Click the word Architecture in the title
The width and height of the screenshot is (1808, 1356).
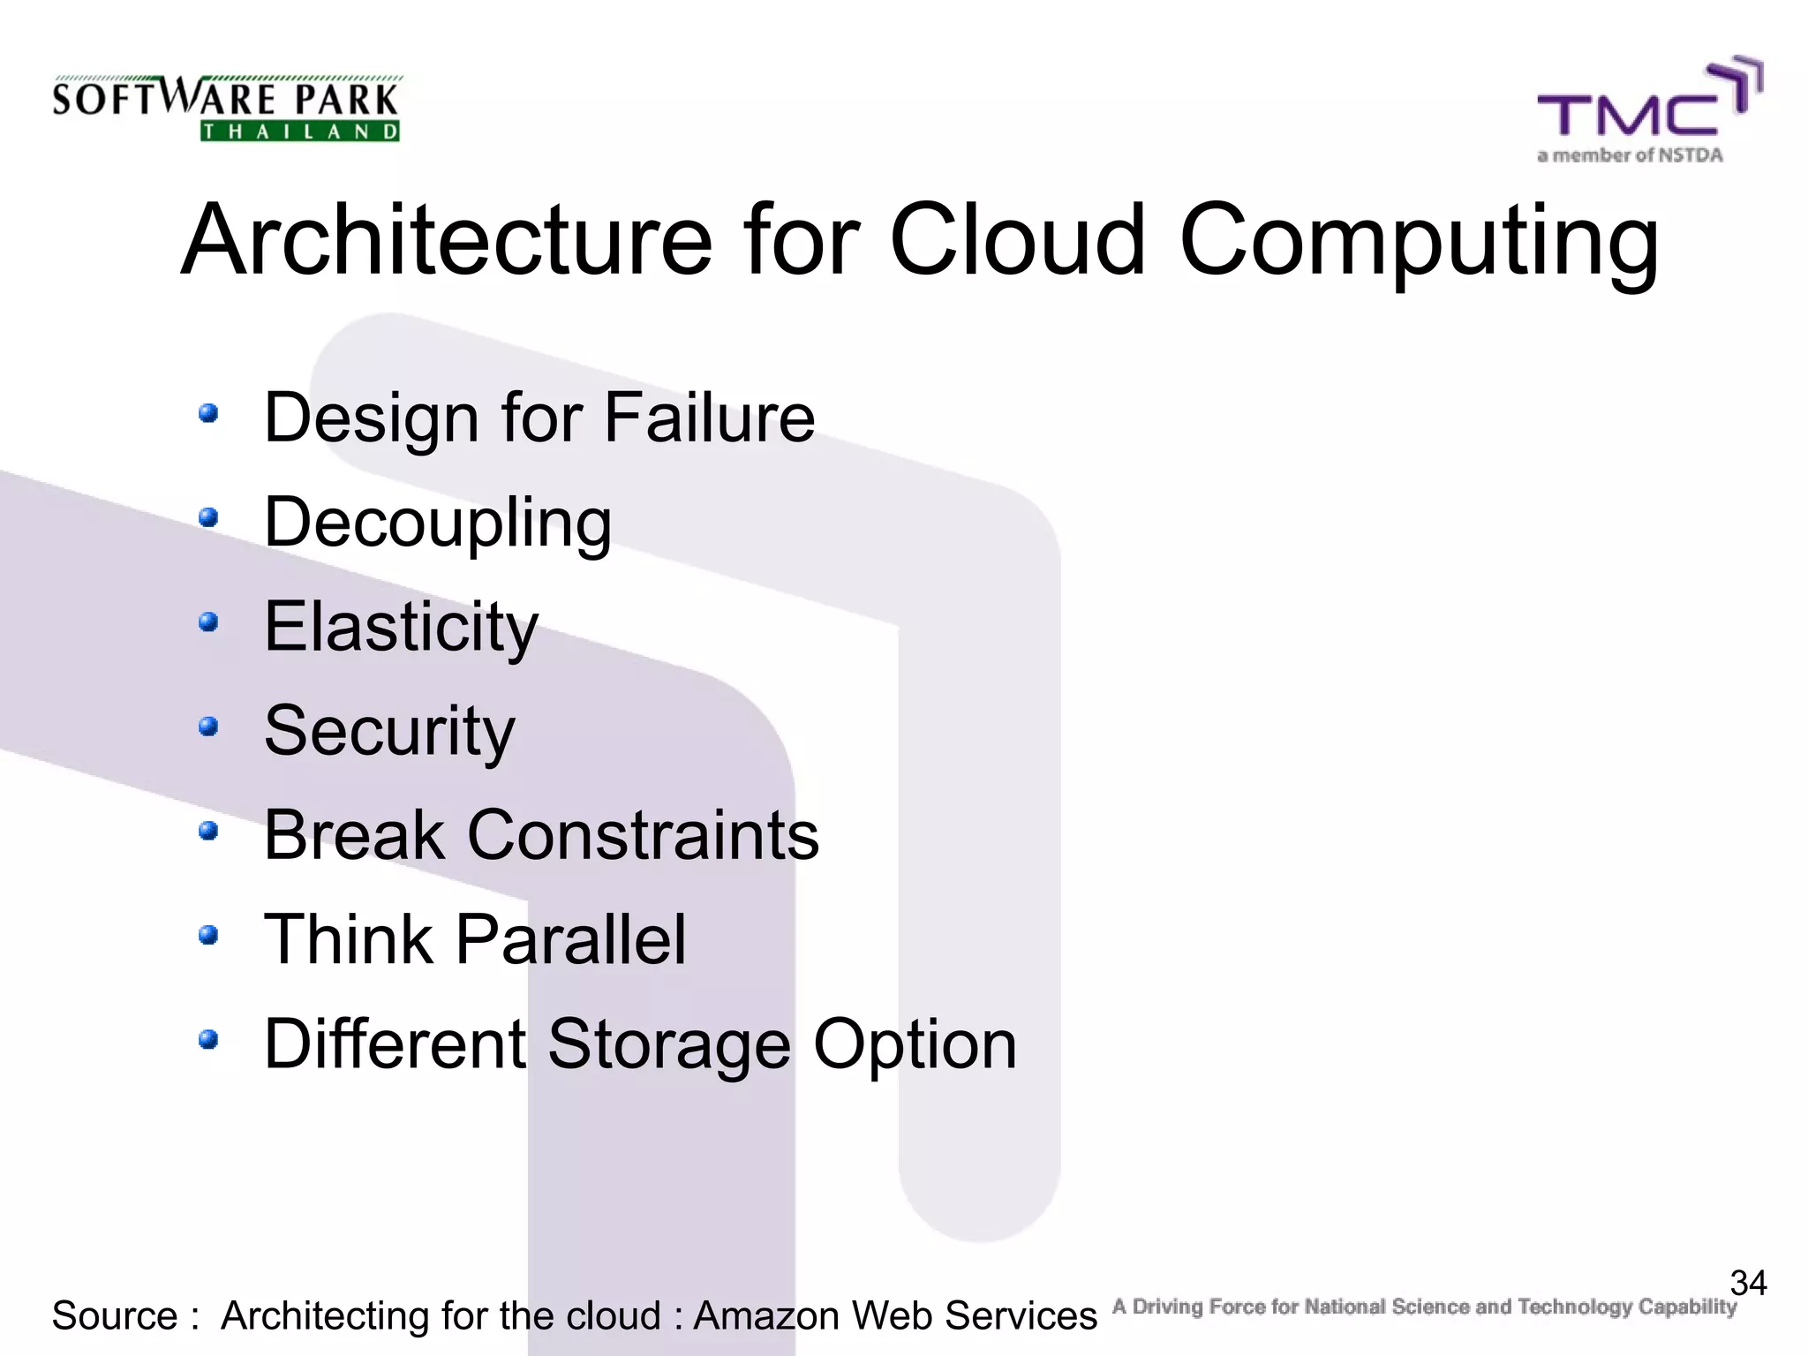point(447,240)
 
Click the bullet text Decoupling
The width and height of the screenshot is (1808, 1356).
point(438,523)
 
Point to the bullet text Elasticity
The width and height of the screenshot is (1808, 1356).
point(401,627)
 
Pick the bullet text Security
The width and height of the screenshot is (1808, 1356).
point(389,731)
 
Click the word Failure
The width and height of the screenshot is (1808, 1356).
point(709,418)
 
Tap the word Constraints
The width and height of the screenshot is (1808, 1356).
point(643,835)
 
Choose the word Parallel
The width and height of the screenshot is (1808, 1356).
point(570,939)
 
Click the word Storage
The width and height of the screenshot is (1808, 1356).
point(669,1044)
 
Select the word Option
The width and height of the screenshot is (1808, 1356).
point(915,1044)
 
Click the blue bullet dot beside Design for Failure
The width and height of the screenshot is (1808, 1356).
point(208,413)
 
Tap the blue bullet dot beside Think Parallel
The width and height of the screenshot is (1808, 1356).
point(208,935)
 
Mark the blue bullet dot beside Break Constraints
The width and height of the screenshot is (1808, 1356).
point(208,831)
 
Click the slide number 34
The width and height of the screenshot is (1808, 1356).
point(1748,1283)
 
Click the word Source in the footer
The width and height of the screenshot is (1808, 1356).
point(116,1316)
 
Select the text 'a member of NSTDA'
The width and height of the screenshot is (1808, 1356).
point(1630,156)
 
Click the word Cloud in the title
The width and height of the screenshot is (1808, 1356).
point(1017,240)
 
